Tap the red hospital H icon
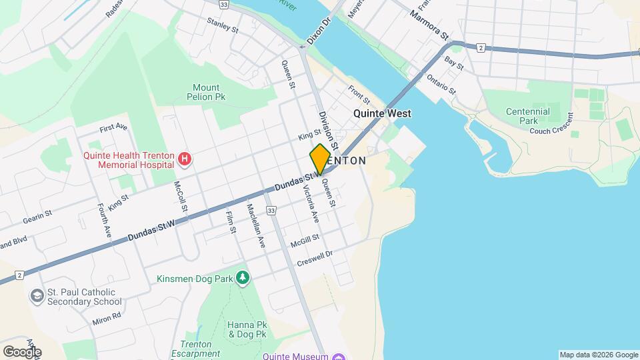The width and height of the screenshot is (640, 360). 185,159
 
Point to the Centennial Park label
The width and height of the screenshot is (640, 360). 527,117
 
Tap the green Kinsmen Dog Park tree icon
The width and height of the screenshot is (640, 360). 243,277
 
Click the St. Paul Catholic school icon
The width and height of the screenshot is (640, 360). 37,295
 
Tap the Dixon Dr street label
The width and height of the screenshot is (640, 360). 319,32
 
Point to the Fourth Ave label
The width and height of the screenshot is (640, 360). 104,219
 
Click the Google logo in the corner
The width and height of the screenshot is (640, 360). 21,351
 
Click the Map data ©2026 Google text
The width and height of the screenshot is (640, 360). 598,355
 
